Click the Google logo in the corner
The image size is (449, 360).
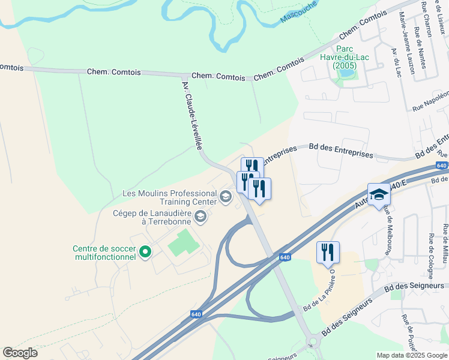[20, 353]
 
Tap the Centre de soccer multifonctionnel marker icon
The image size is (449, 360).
[145, 253]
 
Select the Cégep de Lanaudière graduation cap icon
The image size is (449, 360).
[200, 217]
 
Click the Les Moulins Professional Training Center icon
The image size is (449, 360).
[225, 197]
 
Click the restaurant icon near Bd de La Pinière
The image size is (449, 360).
[328, 251]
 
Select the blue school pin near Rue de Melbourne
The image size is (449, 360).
[379, 194]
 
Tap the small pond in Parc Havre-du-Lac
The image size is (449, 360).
[346, 74]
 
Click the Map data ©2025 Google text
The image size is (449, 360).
[412, 355]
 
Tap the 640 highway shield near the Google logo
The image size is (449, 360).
[196, 314]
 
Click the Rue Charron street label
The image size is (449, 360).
[427, 18]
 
